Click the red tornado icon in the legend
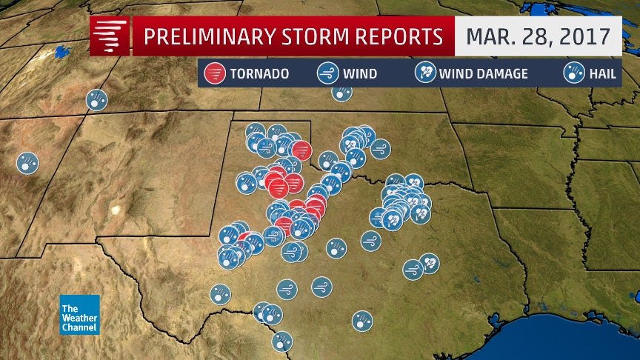[215, 73]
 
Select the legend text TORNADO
[259, 74]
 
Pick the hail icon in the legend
[572, 73]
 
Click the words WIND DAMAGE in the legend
[483, 74]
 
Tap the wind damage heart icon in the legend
[425, 73]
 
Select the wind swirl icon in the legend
[327, 73]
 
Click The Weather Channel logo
[79, 314]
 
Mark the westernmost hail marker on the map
[27, 163]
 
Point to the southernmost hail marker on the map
[282, 341]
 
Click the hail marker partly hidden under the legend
[341, 93]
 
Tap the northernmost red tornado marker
[301, 150]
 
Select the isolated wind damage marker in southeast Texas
[429, 263]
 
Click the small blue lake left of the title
[59, 53]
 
